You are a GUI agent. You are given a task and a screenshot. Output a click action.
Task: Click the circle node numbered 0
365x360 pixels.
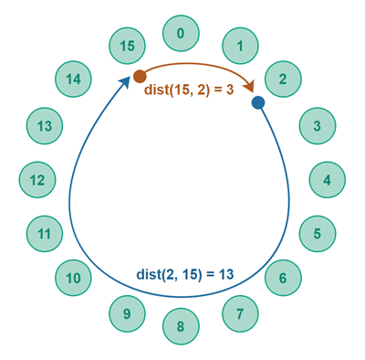181,34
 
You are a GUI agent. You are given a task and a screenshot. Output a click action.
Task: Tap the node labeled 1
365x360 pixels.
240,44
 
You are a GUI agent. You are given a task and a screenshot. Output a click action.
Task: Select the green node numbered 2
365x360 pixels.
283,79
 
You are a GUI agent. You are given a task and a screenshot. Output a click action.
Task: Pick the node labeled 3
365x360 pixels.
318,126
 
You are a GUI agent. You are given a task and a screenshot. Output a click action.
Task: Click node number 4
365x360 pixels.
328,180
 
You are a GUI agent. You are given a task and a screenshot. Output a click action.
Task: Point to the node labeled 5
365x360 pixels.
318,233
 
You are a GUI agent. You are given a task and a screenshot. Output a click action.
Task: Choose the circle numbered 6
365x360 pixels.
283,278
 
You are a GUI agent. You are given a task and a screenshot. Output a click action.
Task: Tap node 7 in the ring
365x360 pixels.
240,314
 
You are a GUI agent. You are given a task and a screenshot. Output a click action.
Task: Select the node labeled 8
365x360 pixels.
181,326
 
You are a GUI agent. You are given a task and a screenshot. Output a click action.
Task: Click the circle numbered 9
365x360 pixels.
127,314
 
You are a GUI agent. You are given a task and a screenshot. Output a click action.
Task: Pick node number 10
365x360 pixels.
73,278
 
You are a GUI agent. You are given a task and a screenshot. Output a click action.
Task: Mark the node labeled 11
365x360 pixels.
44,234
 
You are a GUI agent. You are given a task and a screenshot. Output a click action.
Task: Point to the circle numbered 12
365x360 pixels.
36,180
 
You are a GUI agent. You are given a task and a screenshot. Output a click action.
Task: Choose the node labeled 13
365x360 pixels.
44,126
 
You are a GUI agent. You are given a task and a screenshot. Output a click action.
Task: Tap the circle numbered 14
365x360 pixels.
73,79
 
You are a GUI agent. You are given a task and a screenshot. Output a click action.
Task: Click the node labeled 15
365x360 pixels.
127,44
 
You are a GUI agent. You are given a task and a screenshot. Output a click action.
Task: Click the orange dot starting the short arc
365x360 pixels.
140,77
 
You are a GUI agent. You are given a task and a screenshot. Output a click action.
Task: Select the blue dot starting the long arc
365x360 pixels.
258,103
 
